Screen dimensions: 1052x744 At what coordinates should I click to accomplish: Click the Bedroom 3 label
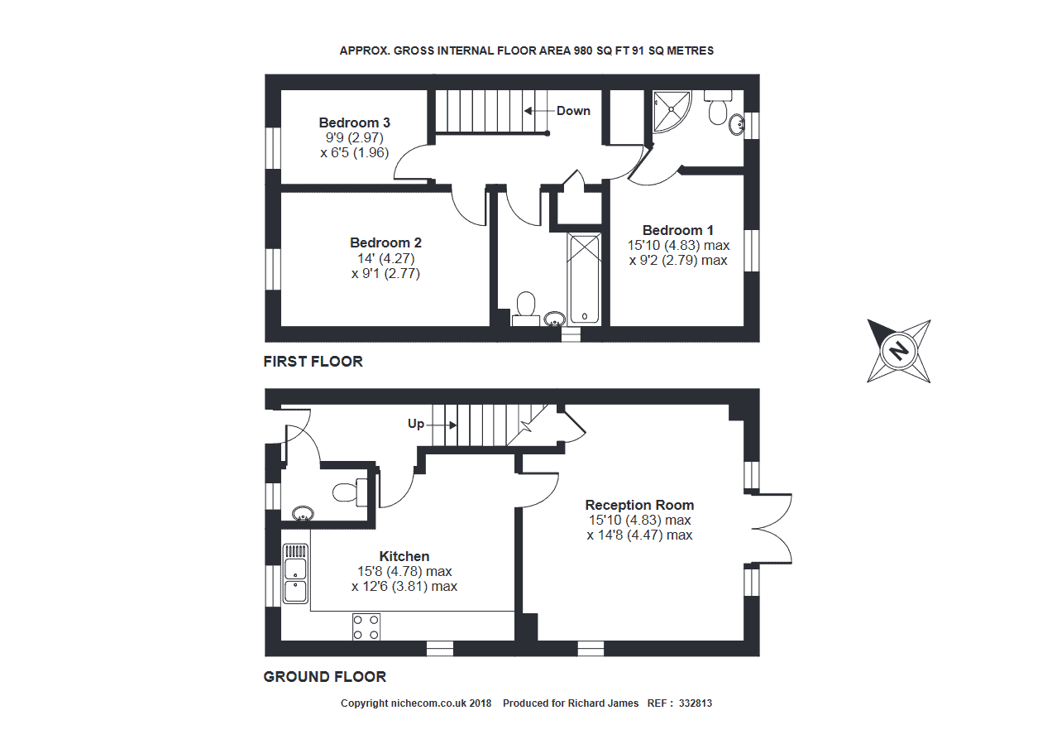pos(354,122)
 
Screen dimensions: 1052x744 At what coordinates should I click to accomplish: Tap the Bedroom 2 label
pos(385,243)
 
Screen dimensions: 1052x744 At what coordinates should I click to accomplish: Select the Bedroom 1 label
pos(677,230)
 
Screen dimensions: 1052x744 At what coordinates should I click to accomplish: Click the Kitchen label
pos(404,556)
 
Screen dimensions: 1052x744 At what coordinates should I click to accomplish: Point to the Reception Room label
pos(639,506)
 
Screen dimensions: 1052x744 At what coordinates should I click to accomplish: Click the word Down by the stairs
pos(573,111)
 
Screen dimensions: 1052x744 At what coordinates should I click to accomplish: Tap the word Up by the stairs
pos(416,424)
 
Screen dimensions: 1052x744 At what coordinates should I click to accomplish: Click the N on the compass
pos(899,351)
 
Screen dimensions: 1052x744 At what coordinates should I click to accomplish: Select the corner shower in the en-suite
pos(672,112)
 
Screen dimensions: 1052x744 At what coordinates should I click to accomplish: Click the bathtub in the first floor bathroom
pos(584,278)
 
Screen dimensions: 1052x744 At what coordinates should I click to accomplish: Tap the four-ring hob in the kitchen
pos(366,627)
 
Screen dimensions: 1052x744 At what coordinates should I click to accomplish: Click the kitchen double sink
pos(295,574)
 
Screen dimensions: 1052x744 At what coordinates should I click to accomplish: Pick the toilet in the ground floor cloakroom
pos(350,492)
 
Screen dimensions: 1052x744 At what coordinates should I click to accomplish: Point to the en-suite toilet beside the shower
pos(718,107)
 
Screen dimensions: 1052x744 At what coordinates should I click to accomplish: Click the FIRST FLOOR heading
pos(313,362)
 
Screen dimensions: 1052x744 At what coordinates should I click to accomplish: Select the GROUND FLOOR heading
pos(324,677)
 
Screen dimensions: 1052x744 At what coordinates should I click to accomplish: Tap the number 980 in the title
pos(583,50)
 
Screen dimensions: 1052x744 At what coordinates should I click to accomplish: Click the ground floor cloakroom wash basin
pos(303,513)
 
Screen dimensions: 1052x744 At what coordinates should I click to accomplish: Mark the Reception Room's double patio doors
pos(772,529)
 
